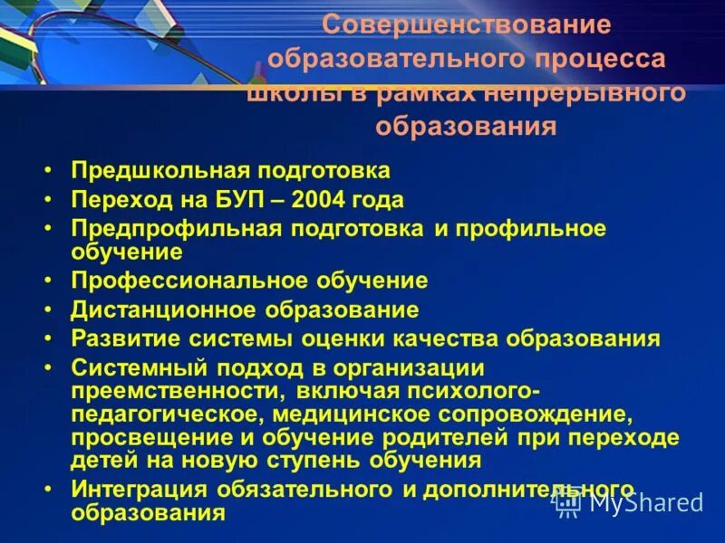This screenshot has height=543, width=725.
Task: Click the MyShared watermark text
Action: coord(645,502)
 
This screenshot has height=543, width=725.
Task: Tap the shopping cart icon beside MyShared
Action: coord(568,502)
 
